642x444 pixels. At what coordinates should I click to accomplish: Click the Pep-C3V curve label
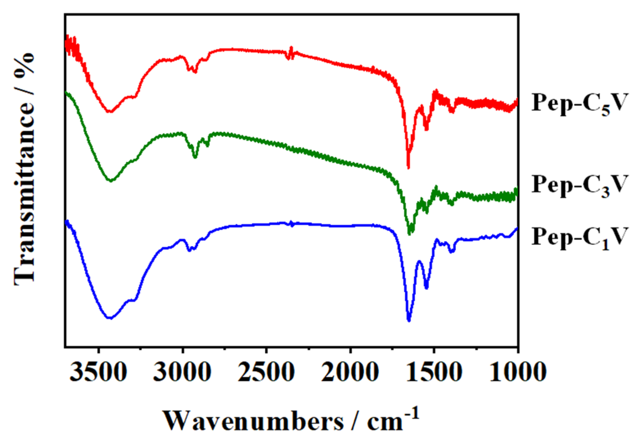[579, 185]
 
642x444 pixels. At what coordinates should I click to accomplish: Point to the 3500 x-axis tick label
[98, 372]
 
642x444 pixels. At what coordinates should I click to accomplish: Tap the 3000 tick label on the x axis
[182, 372]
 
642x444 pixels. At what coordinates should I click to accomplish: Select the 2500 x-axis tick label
[266, 372]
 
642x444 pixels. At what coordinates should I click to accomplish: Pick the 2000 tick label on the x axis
[350, 372]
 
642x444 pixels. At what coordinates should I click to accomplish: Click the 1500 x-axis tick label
[434, 372]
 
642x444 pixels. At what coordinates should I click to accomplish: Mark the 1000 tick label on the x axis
[518, 372]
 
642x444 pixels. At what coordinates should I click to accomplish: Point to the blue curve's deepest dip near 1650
[408, 320]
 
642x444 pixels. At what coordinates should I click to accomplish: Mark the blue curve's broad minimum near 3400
[110, 317]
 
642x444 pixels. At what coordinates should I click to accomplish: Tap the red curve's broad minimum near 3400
[110, 112]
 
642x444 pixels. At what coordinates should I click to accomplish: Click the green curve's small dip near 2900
[195, 157]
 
